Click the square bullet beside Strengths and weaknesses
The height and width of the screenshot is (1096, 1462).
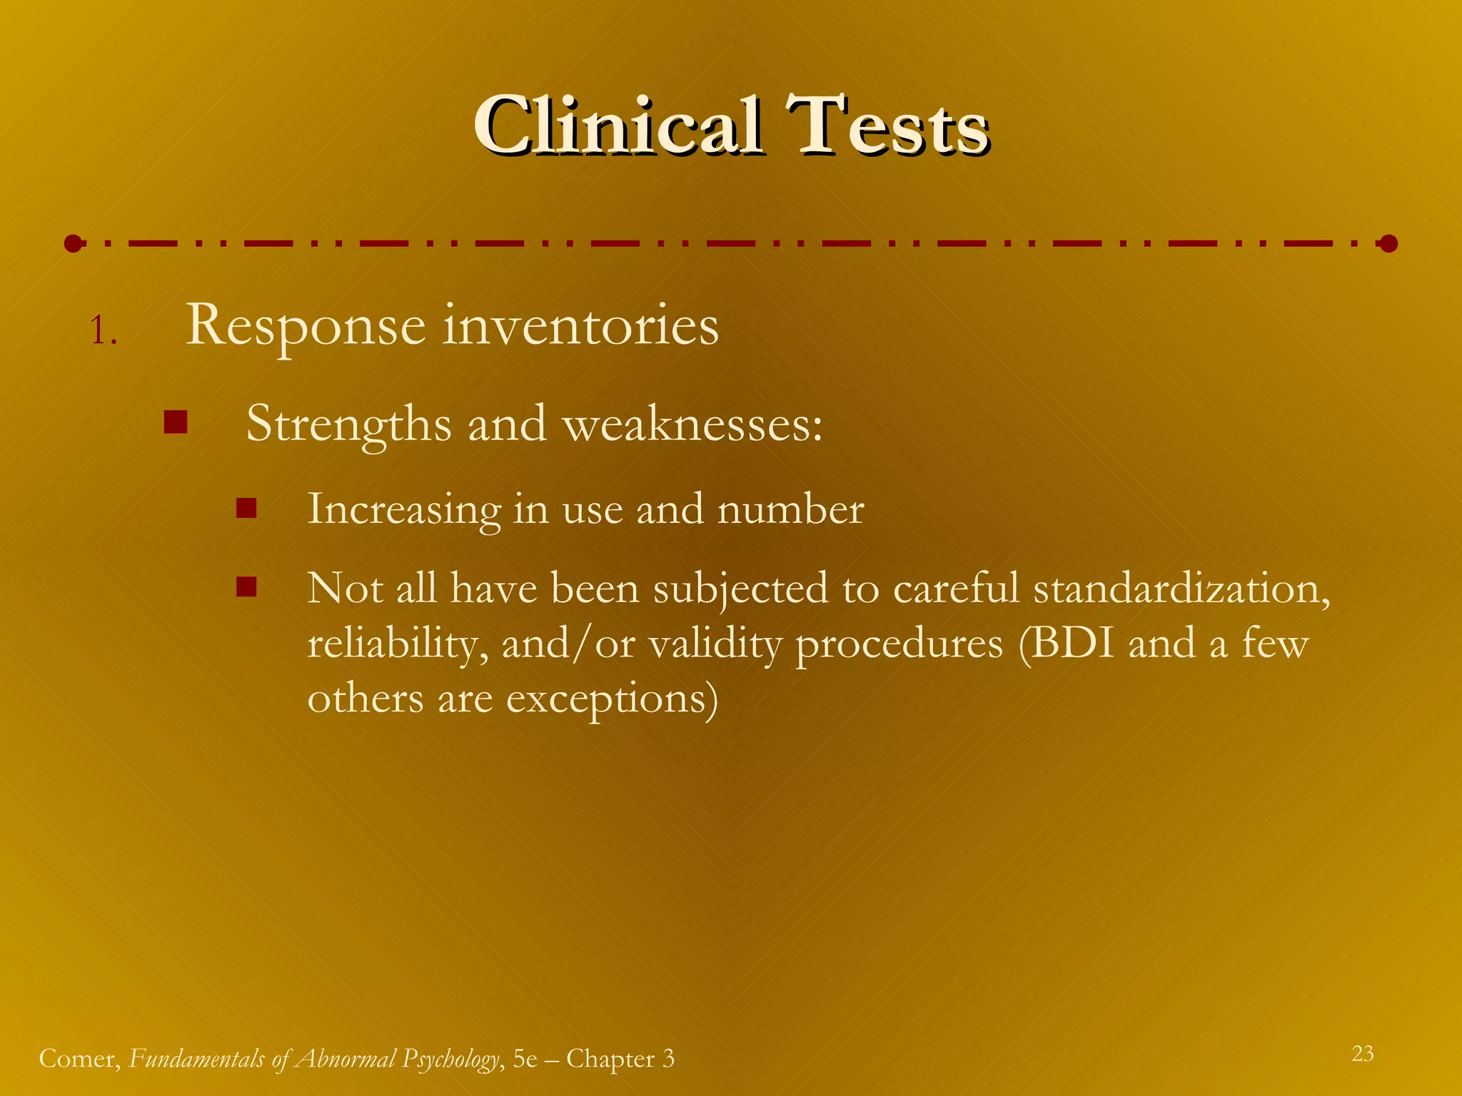click(175, 422)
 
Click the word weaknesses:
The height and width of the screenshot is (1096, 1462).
click(693, 424)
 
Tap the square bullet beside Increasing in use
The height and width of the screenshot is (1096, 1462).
click(246, 508)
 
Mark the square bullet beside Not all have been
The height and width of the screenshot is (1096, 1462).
click(246, 587)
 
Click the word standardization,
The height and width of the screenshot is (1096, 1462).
click(1181, 589)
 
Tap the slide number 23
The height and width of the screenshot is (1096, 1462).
click(1362, 1054)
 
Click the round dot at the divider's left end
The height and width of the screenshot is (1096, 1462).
click(73, 244)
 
